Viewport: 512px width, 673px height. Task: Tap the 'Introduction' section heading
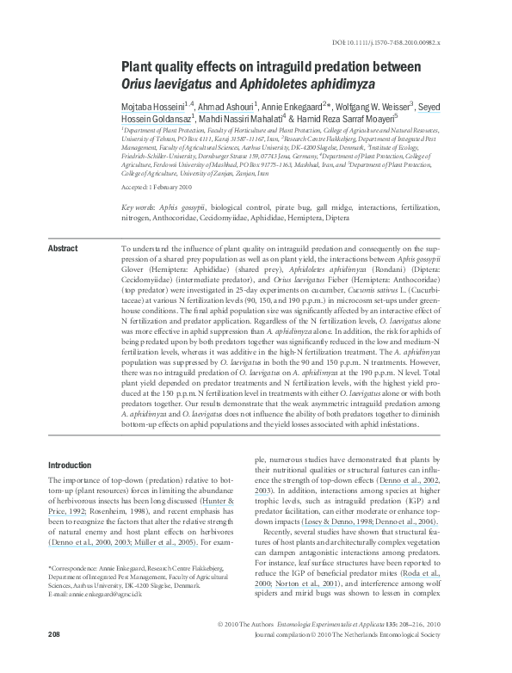coord(71,465)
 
